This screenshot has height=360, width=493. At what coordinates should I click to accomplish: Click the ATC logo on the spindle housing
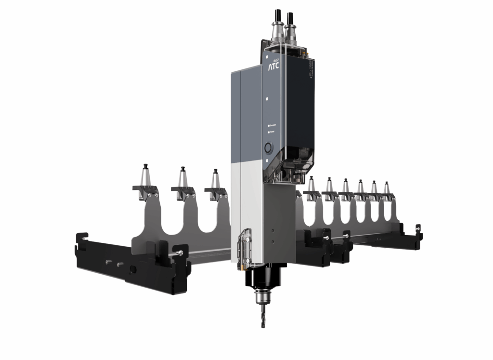(x=273, y=67)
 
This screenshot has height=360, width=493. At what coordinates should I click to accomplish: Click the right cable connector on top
(x=291, y=24)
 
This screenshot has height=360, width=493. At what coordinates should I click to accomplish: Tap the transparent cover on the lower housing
(x=246, y=248)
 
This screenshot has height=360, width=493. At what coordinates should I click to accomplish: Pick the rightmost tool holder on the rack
(x=387, y=191)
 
